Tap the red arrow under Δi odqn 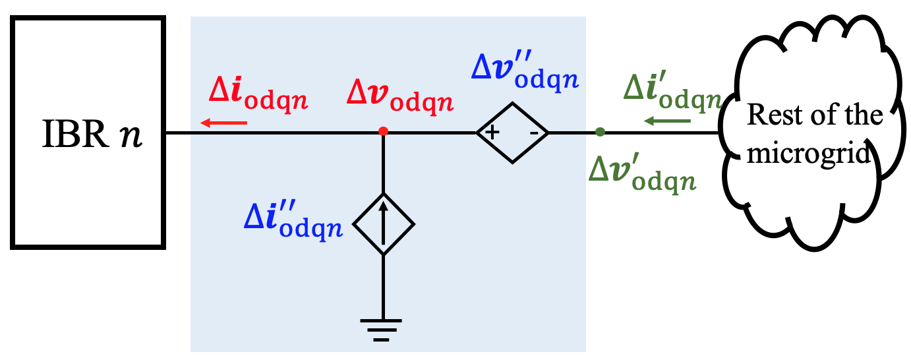point(224,122)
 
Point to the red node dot point(383,132)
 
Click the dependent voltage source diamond point(513,133)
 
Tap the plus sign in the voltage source point(492,133)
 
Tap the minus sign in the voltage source point(535,133)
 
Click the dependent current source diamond point(384,224)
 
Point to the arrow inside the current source point(384,224)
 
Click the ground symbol point(381,329)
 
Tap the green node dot point(599,133)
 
